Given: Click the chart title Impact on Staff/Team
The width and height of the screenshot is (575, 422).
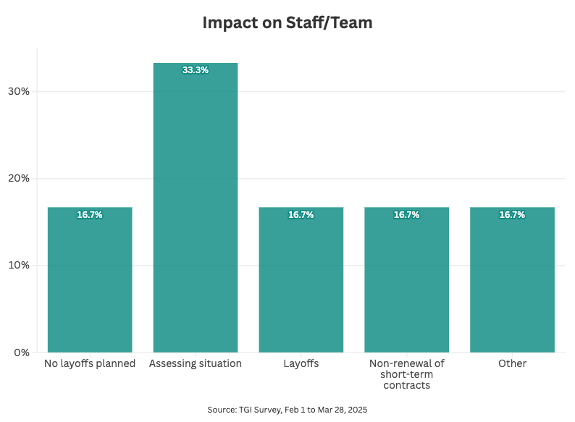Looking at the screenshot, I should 287,23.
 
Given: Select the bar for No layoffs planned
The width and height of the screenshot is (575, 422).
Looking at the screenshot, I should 90,282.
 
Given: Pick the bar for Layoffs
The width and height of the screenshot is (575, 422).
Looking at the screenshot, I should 301,282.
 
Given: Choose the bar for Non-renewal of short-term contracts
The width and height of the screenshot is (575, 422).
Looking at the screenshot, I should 407,282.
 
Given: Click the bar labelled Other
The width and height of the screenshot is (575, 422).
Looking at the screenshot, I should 512,282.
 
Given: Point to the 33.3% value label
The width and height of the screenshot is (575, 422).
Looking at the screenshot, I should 196,70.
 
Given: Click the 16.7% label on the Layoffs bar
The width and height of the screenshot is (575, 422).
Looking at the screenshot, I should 301,215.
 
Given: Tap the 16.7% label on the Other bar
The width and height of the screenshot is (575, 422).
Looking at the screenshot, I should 512,215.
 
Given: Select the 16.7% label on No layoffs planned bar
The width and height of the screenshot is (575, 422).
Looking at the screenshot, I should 90,215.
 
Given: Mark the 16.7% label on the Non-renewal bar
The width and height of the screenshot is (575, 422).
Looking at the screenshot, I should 407,215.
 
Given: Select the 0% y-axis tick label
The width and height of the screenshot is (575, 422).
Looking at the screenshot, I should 21,353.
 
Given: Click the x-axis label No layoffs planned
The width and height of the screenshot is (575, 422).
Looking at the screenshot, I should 90,363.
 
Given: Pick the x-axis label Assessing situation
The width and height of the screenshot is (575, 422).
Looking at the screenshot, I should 196,363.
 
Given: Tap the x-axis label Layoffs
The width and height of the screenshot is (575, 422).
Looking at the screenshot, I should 301,363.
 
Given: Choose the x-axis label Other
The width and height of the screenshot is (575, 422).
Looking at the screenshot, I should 512,363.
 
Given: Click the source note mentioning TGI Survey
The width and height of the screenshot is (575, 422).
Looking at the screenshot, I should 287,410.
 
